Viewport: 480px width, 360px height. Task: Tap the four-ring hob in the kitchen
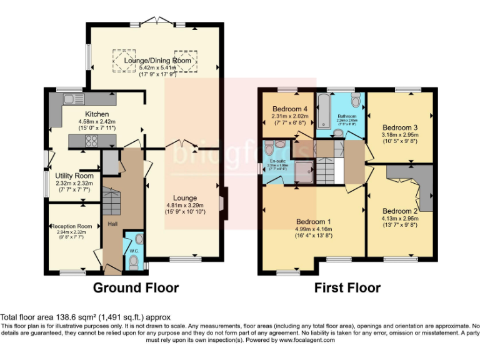pyautogui.click(x=91, y=140)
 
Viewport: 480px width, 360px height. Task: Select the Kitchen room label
pyautogui.click(x=97, y=114)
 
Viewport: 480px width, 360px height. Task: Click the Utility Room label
pyautogui.click(x=74, y=176)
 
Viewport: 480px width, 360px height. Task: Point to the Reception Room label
pyautogui.click(x=71, y=226)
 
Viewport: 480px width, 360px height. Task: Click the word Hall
pyautogui.click(x=112, y=224)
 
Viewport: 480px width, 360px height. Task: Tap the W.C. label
pyautogui.click(x=132, y=251)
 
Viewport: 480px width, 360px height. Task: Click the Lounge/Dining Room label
pyautogui.click(x=157, y=61)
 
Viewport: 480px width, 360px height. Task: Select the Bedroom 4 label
pyautogui.click(x=289, y=109)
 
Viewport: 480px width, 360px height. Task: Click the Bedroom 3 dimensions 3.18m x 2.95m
pyautogui.click(x=399, y=134)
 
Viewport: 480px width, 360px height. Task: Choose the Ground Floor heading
pyautogui.click(x=136, y=288)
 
